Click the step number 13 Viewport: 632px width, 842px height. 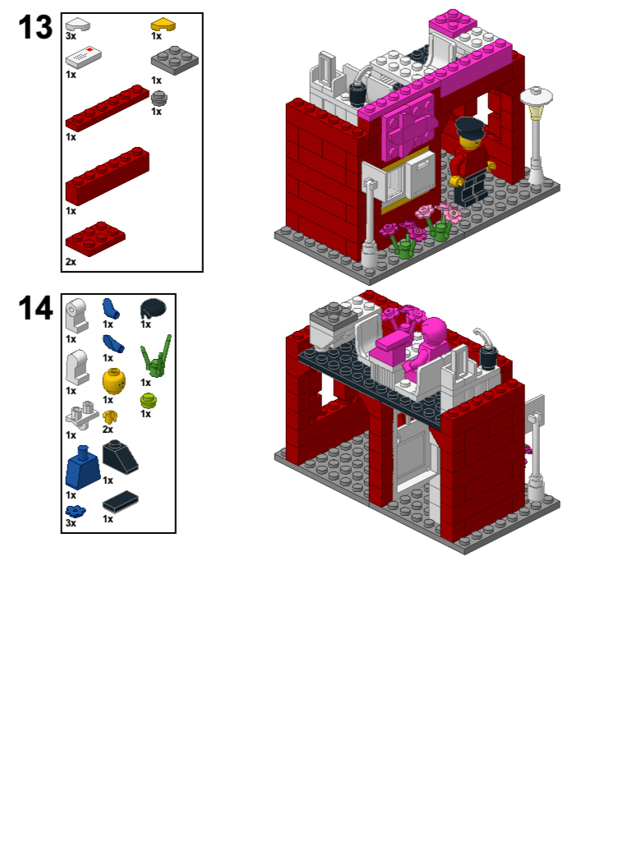point(35,28)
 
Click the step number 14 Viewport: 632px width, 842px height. point(35,309)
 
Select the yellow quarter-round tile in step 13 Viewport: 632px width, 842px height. point(163,25)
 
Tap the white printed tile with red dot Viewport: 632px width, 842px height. point(85,57)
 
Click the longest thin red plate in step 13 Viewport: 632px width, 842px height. point(107,108)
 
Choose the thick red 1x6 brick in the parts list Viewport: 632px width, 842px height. point(107,176)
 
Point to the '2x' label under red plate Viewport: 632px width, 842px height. point(72,262)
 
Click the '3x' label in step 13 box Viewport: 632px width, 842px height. point(72,37)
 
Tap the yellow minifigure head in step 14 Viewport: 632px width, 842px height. point(113,381)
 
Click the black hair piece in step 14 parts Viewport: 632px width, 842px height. point(153,308)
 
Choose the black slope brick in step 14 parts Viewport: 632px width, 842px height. point(119,457)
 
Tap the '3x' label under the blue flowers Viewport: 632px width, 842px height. point(72,522)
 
